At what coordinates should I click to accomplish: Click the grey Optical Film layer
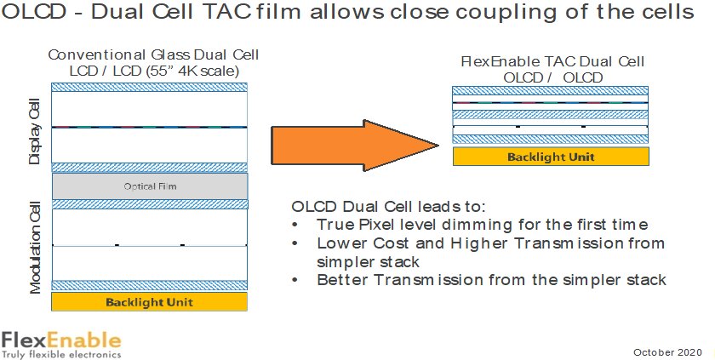tap(150, 186)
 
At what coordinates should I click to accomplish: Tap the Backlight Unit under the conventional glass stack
tap(149, 301)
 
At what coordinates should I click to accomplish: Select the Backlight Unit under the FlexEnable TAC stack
tap(551, 157)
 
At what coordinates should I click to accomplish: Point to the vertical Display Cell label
tap(35, 131)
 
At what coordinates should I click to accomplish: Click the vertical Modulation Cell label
tap(35, 248)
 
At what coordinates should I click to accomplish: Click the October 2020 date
tap(667, 352)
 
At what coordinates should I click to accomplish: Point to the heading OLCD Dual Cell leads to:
tap(388, 207)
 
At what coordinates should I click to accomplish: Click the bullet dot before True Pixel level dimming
tap(295, 226)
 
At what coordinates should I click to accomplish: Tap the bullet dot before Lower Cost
tap(295, 243)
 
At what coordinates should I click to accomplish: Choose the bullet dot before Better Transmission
tap(295, 280)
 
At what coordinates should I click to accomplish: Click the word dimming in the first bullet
tap(478, 226)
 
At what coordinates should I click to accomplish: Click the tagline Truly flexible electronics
tap(61, 354)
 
